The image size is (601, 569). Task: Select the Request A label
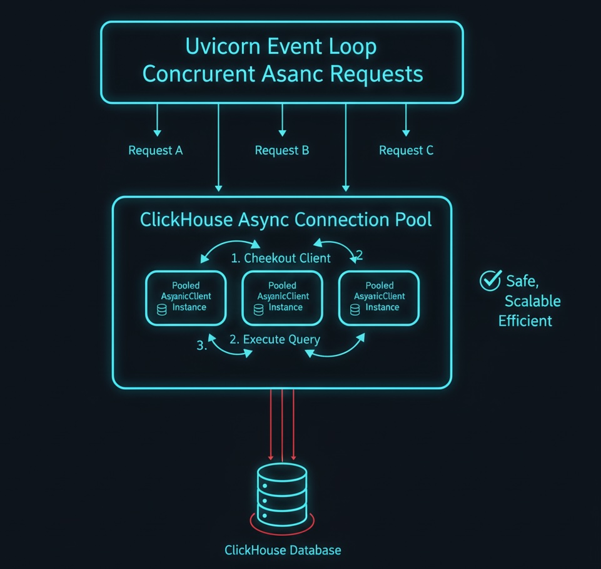coord(156,151)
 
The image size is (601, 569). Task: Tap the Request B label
coord(282,151)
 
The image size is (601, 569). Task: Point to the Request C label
coord(407,151)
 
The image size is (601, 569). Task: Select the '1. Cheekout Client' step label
coord(281,259)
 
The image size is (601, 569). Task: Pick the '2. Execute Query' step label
coord(275,340)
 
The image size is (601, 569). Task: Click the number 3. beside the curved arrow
coord(201,345)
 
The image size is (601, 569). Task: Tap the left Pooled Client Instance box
coord(186,297)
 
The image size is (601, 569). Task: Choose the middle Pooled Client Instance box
coord(282,297)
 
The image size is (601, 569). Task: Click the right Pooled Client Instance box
coord(379,297)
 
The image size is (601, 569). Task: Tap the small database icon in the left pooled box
coord(162,309)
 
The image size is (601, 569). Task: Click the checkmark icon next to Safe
coord(489,281)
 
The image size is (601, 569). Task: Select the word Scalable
coord(533,301)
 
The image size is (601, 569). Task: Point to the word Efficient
coord(525,321)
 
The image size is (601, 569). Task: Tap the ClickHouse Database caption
coord(283,550)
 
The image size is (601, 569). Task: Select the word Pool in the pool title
coord(410,220)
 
